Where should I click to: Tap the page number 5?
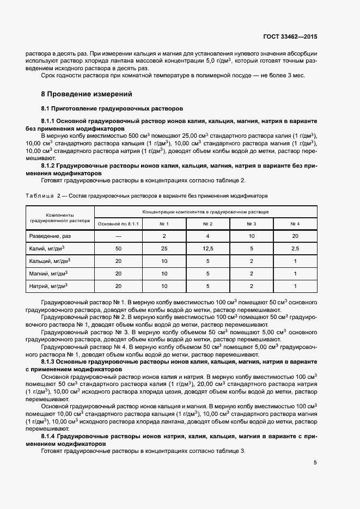point(315,463)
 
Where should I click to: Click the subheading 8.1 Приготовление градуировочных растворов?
point(112,108)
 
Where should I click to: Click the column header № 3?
point(251,224)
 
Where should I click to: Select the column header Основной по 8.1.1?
point(118,224)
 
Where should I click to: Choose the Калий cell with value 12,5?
point(208,248)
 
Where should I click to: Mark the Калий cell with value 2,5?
point(295,248)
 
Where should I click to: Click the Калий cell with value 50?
point(118,248)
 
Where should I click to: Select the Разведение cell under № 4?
point(295,236)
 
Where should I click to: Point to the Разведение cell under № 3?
point(251,236)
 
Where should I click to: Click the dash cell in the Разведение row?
point(118,236)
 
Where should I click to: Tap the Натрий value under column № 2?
point(208,286)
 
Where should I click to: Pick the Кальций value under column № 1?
point(164,261)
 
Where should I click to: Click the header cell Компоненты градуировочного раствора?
point(60,218)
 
